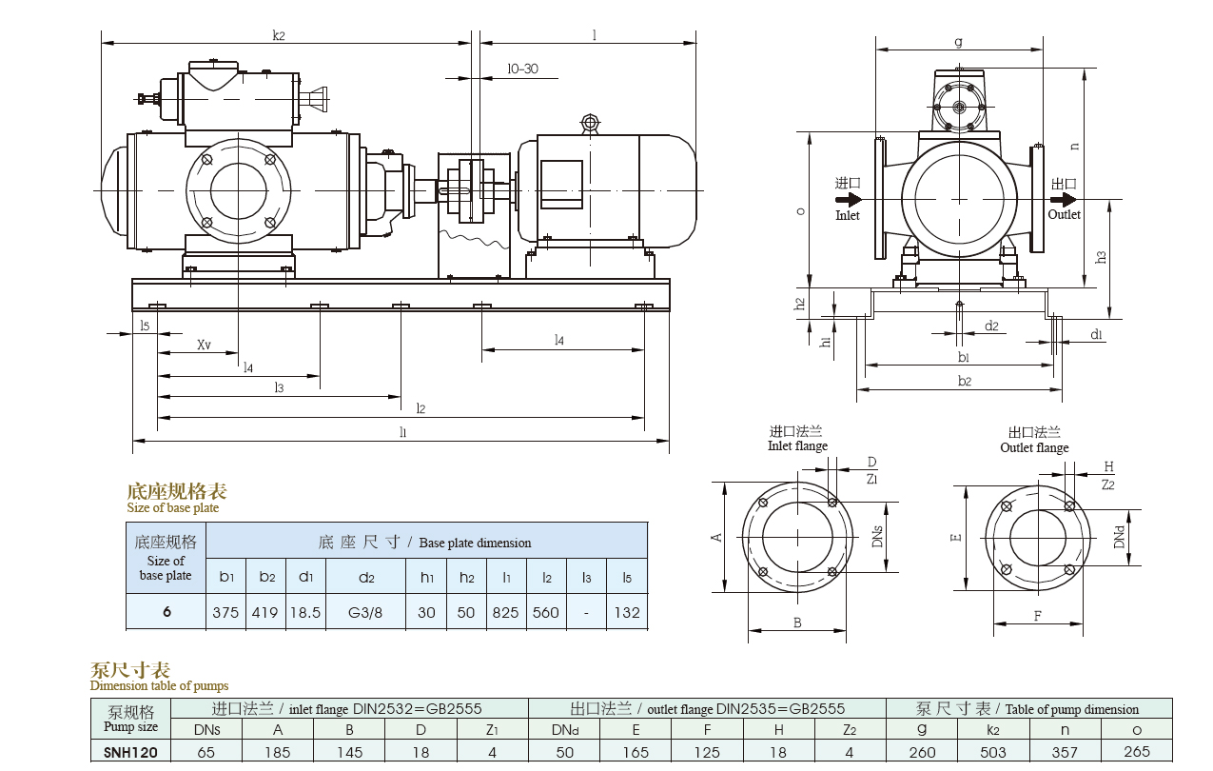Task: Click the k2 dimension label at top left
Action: point(279,36)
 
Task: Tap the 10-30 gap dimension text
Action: point(522,69)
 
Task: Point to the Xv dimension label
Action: point(205,345)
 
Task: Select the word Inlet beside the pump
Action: point(847,215)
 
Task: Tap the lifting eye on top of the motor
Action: point(590,123)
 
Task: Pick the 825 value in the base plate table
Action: point(505,612)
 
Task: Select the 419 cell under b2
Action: point(265,612)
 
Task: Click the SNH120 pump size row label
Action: point(130,752)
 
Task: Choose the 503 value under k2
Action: point(992,752)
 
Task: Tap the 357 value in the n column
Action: point(1065,752)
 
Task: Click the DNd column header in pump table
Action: point(563,730)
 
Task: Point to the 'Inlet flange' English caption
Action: point(797,446)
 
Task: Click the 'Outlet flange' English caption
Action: point(1034,448)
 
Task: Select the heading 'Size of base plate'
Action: point(172,508)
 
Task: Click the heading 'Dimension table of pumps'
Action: point(159,685)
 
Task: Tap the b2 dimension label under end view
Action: point(964,381)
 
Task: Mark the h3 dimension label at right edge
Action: point(1101,257)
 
